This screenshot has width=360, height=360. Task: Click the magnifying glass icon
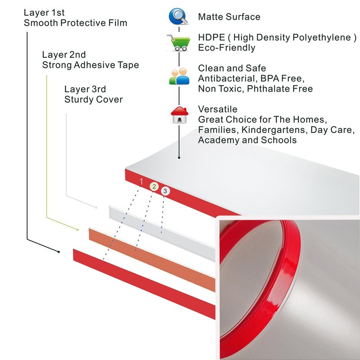pyautogui.click(x=179, y=17)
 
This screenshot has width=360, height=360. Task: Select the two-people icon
pyautogui.click(x=179, y=76)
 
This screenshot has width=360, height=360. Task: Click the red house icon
pyautogui.click(x=179, y=115)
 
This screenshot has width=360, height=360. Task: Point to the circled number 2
pyautogui.click(x=154, y=186)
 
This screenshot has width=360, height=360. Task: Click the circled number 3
pyautogui.click(x=165, y=191)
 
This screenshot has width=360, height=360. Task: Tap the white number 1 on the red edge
pyautogui.click(x=141, y=182)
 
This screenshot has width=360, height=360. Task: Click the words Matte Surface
pyautogui.click(x=229, y=17)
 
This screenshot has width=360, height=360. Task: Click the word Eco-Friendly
pyautogui.click(x=226, y=48)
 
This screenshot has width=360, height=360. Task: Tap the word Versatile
pyautogui.click(x=217, y=109)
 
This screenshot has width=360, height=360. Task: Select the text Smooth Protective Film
pyautogui.click(x=75, y=22)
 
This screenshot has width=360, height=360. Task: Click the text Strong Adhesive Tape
pyautogui.click(x=90, y=65)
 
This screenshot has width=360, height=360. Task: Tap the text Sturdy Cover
pyautogui.click(x=94, y=99)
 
